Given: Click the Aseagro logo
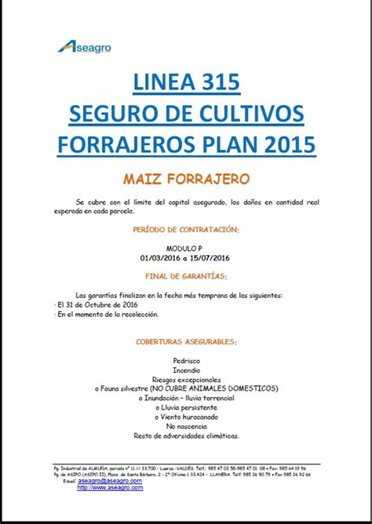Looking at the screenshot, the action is coord(84,47).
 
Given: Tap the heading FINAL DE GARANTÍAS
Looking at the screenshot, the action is coord(186,276).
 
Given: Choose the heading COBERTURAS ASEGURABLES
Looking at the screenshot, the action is coord(186,342).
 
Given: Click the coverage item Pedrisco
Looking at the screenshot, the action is coord(186,361).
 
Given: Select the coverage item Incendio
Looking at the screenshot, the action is coord(186,369).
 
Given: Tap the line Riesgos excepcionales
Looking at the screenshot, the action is coord(186,379).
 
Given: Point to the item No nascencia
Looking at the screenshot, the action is coord(186,426).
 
